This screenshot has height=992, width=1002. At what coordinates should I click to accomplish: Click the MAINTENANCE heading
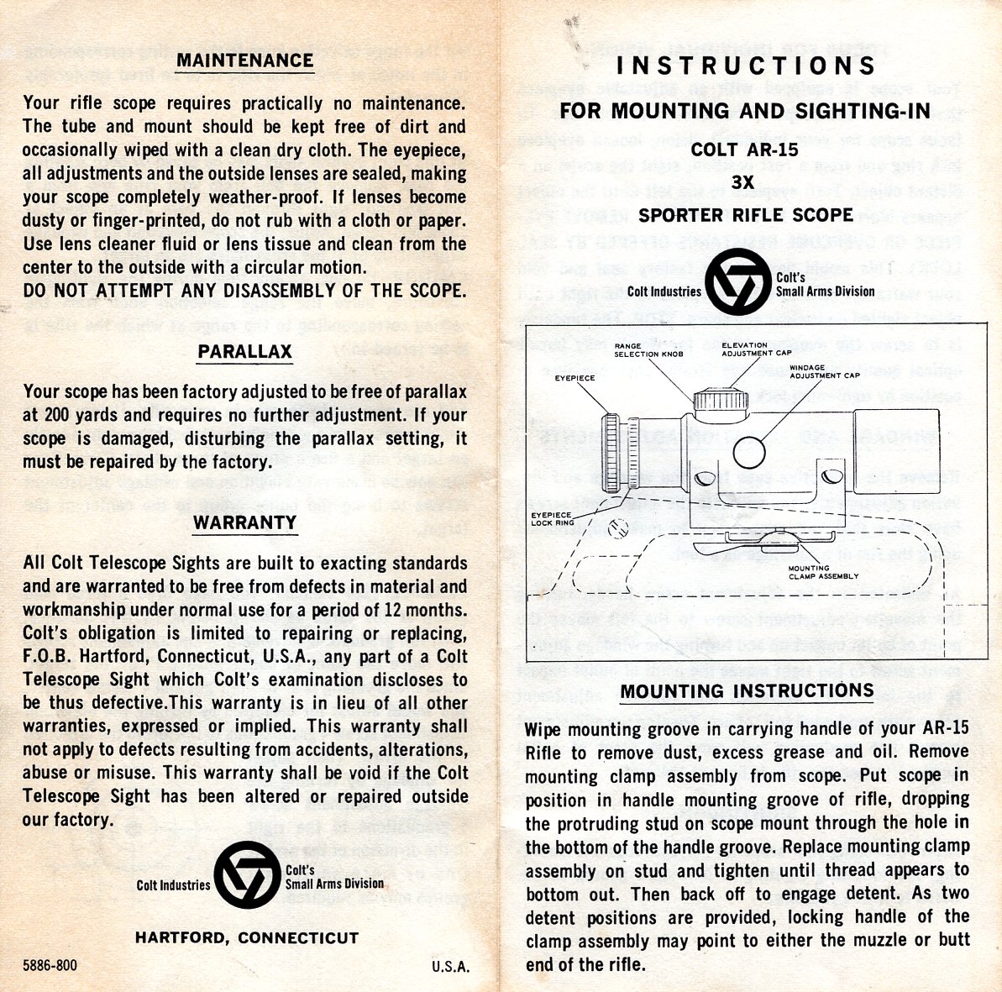tap(245, 60)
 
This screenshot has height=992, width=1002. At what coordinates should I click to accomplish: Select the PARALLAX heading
tap(244, 352)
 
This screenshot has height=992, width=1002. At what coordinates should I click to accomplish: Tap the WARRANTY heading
tap(245, 522)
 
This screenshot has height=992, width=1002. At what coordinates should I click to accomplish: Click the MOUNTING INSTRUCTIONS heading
tap(747, 691)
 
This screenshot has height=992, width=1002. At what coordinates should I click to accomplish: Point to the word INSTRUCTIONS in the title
tap(746, 66)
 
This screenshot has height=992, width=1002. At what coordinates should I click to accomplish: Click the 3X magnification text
tap(742, 182)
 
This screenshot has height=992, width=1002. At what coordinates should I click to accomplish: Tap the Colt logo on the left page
tap(247, 875)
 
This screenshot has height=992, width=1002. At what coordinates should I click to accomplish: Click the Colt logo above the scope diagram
tap(739, 282)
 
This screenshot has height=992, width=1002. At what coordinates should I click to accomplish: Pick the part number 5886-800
tap(50, 964)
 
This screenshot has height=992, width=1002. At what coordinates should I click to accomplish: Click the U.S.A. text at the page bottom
tap(450, 967)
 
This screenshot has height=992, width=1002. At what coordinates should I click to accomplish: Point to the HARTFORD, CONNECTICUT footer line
tap(247, 937)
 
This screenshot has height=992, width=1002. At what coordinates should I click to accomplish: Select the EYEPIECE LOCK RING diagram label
tap(553, 518)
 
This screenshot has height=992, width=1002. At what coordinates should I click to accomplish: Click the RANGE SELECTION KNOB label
tap(648, 350)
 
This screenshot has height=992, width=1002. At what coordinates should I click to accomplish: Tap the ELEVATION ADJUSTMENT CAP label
tap(757, 349)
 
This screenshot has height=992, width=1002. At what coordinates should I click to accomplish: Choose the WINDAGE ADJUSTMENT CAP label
tap(824, 371)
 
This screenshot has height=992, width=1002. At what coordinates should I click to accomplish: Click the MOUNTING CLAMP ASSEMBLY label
tap(823, 572)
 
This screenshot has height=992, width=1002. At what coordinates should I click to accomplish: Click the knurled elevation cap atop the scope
tap(721, 400)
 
